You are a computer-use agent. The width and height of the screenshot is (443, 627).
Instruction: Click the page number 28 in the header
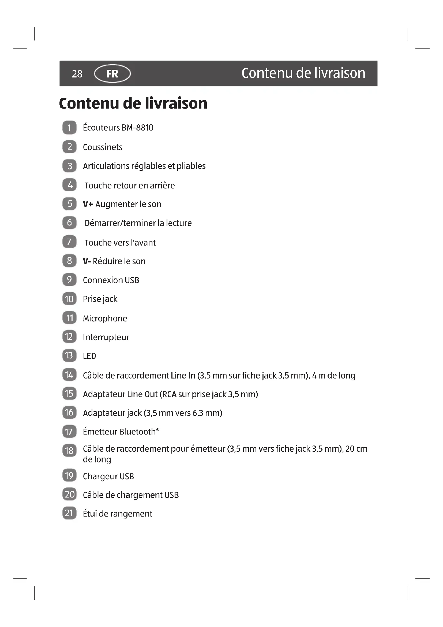point(77,74)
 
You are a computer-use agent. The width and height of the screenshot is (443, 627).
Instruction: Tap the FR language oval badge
point(112,73)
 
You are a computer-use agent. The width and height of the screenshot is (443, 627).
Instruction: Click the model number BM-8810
point(137,128)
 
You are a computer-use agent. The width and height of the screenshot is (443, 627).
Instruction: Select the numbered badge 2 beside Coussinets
point(69,147)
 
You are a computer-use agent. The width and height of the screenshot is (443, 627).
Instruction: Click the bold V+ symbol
point(88,204)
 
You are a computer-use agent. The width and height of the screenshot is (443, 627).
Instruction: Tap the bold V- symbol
point(87,261)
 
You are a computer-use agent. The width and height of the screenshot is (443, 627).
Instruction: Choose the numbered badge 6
point(69,222)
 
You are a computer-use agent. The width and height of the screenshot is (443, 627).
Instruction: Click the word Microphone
point(105,318)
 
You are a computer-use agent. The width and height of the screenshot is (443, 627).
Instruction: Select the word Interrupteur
point(106,337)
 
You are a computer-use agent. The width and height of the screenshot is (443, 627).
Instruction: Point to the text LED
point(89,356)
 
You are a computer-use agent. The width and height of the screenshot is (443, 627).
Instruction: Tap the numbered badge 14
point(69,375)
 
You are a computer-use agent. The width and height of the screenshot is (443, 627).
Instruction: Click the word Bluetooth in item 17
point(137,432)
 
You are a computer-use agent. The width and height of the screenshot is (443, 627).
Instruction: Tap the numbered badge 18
point(69,450)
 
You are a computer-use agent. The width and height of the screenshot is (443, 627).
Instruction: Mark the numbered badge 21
point(69,513)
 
